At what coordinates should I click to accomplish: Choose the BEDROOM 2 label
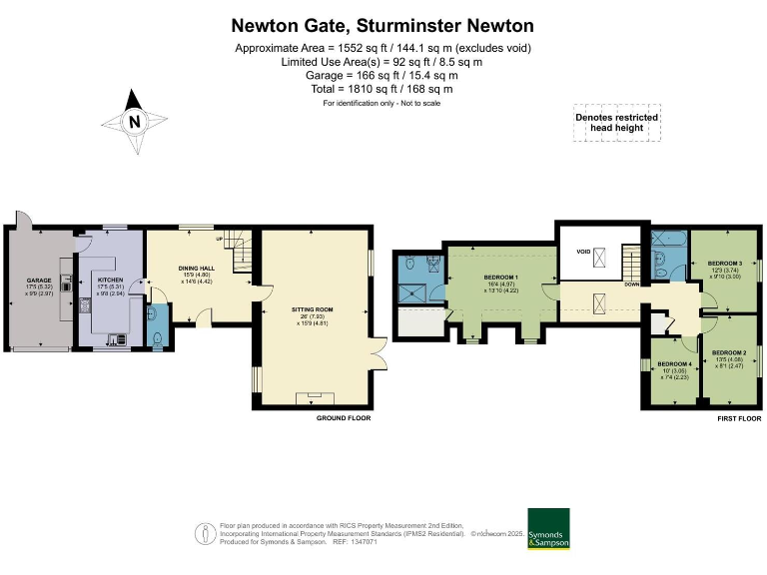pos(729,353)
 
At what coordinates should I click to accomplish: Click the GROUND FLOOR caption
pos(343,418)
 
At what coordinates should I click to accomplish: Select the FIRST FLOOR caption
pos(739,418)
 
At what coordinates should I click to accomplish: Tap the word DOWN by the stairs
pos(631,285)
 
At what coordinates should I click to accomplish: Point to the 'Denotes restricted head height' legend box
pos(616,123)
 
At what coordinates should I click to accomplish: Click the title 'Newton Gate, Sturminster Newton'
pos(383,24)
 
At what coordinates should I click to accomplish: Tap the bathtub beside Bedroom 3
pos(666,240)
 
